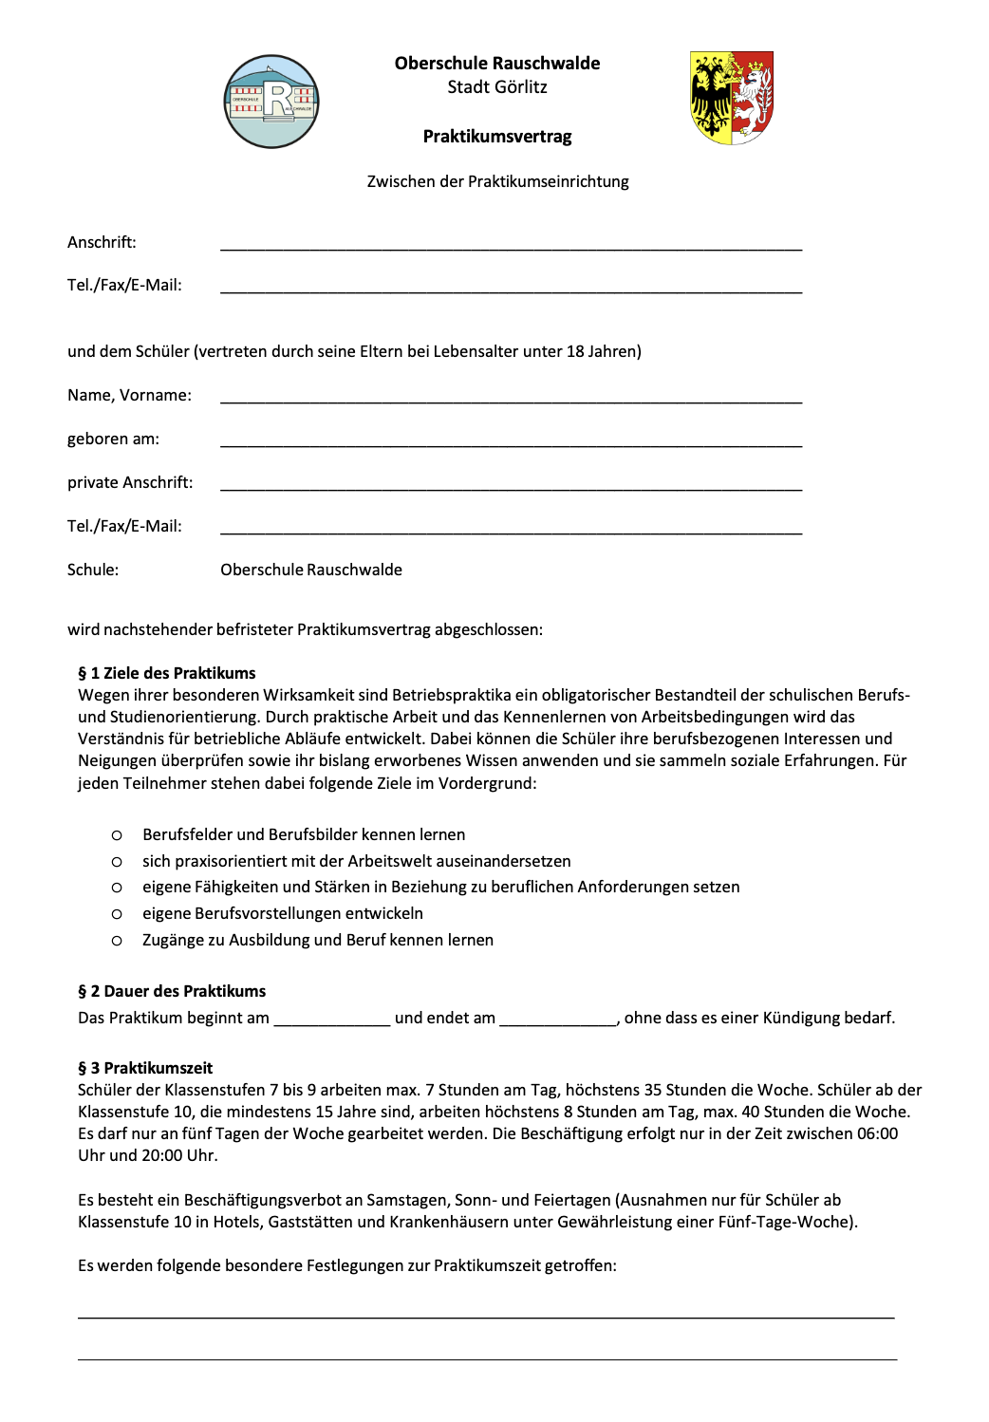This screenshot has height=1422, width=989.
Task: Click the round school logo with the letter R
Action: [x=271, y=102]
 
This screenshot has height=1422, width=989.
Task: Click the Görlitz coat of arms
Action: [x=732, y=98]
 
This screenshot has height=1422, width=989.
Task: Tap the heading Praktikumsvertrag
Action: [x=497, y=137]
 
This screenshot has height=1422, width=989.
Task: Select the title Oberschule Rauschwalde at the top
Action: [x=497, y=64]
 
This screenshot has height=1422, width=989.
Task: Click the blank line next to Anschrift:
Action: [x=511, y=245]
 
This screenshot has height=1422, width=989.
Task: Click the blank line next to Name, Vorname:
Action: [x=511, y=398]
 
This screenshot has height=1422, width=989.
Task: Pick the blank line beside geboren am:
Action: [x=511, y=441]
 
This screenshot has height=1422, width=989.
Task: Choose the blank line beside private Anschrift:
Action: [x=511, y=485]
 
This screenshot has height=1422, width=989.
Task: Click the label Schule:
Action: [x=93, y=570]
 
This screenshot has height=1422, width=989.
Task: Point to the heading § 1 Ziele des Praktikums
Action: [x=167, y=673]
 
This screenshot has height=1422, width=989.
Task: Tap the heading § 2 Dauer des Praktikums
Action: [x=172, y=991]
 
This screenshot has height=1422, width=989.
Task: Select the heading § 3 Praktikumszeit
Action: [x=145, y=1068]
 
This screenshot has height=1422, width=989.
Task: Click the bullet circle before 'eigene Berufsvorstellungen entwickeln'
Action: [x=117, y=914]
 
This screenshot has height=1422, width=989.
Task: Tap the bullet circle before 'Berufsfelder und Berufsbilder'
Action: [x=117, y=835]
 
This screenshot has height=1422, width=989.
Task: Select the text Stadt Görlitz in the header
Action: [x=497, y=87]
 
